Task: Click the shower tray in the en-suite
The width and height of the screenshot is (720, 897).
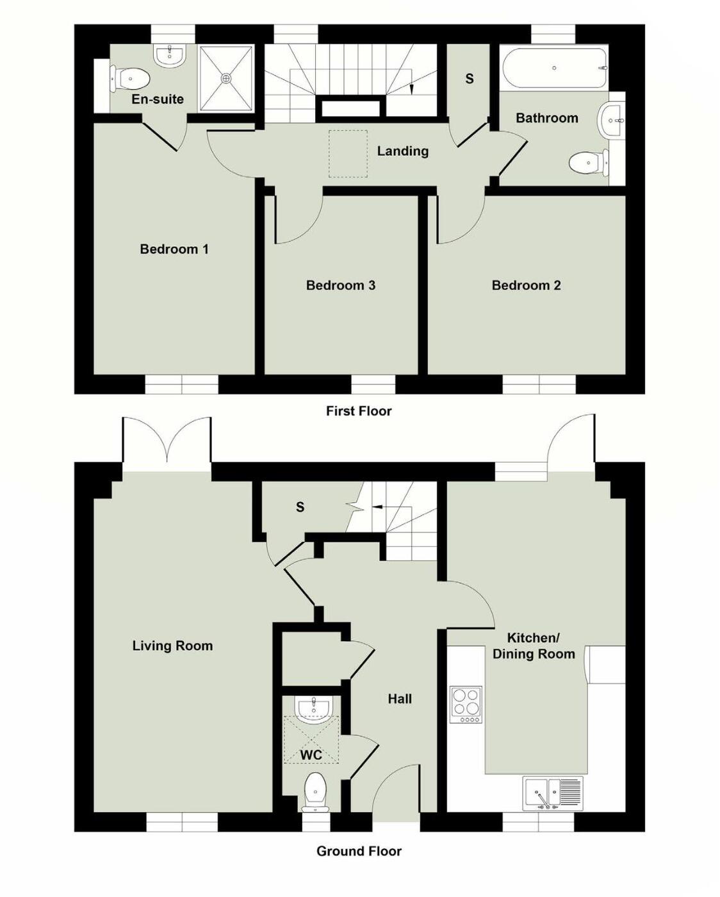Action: point(225,78)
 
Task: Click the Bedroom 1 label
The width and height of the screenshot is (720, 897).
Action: point(174,249)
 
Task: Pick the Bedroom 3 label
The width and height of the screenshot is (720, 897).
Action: point(340,285)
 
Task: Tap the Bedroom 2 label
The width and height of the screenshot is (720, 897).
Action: point(526,285)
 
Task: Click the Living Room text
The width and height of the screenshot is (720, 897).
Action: point(172,646)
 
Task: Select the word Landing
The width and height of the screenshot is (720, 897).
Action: point(402,151)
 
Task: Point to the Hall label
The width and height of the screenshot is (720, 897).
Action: point(399,699)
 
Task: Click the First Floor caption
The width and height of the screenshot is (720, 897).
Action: point(358,411)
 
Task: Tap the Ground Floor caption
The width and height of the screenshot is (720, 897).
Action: point(359,851)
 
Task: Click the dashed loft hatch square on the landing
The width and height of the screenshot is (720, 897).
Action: point(348,154)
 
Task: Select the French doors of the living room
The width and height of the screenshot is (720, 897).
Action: point(167,441)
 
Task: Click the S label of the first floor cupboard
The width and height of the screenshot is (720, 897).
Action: point(469,78)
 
